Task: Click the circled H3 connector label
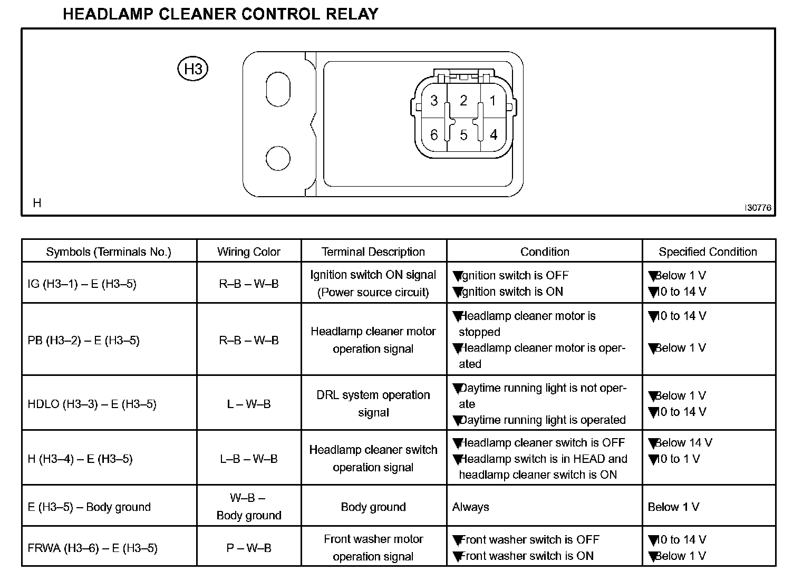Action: (193, 69)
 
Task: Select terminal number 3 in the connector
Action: (434, 101)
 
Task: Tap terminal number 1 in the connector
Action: (492, 101)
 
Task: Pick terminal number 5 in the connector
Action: (463, 135)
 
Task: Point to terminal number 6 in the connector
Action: (434, 135)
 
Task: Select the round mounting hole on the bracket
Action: (278, 158)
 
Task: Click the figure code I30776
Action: (758, 208)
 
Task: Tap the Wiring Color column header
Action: (249, 252)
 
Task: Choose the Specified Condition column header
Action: (708, 252)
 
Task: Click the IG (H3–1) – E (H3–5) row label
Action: (82, 284)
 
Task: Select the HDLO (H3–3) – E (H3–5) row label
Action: (92, 404)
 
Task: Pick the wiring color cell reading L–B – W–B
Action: (249, 459)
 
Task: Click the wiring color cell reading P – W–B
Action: (249, 548)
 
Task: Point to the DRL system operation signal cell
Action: (373, 404)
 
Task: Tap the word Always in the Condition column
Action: (471, 507)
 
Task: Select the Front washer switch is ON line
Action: (526, 556)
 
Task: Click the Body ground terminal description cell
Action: (373, 507)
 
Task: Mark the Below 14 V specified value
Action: (683, 443)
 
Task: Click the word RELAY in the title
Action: (353, 14)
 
